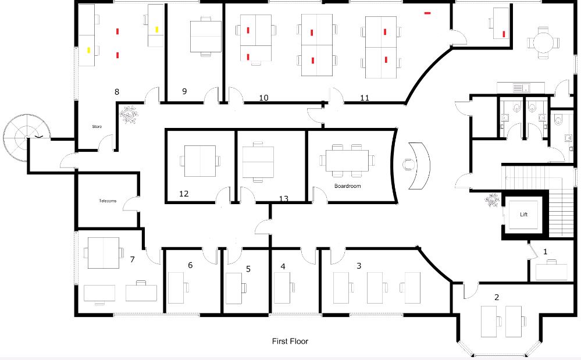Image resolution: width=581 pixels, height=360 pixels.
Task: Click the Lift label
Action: [x=523, y=215]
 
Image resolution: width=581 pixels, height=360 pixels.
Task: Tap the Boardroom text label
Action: [x=347, y=186]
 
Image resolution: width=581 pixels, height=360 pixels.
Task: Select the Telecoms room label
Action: [x=108, y=201]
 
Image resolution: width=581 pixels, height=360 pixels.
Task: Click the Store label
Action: [x=97, y=126]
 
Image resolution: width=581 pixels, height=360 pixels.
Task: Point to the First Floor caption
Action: [x=290, y=341]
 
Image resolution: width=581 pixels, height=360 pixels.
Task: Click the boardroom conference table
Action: [x=347, y=161]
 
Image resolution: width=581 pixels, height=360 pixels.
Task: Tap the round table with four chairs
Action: [x=543, y=42]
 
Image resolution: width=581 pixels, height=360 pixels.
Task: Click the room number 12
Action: [x=184, y=194]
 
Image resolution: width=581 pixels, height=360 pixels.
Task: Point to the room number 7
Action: [x=132, y=259]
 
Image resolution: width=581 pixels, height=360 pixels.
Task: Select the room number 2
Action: [x=496, y=297]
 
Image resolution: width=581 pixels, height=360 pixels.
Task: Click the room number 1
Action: [x=545, y=252]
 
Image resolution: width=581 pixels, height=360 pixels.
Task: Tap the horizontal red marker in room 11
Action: [x=427, y=12]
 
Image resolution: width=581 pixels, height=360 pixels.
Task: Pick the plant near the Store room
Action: [x=128, y=113]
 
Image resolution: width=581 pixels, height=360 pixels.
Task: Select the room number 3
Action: [x=359, y=266]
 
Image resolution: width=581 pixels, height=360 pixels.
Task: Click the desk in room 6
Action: [x=176, y=287]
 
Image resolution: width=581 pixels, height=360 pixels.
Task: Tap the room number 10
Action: [x=263, y=98]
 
